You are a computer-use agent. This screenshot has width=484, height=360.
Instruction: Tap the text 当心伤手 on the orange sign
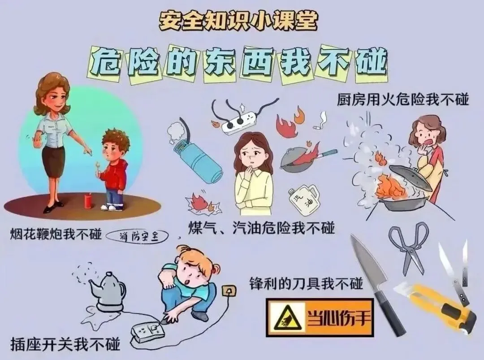pos(338,317)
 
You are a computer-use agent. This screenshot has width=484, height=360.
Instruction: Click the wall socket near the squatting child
pos(229,291)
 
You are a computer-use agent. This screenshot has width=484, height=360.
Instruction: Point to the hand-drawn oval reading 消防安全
pos(138,237)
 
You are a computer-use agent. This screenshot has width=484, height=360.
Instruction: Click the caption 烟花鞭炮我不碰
pos(56,234)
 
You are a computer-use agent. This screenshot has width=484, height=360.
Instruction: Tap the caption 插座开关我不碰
pos(65,344)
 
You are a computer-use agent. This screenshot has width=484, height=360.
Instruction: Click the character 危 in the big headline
pos(105,63)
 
